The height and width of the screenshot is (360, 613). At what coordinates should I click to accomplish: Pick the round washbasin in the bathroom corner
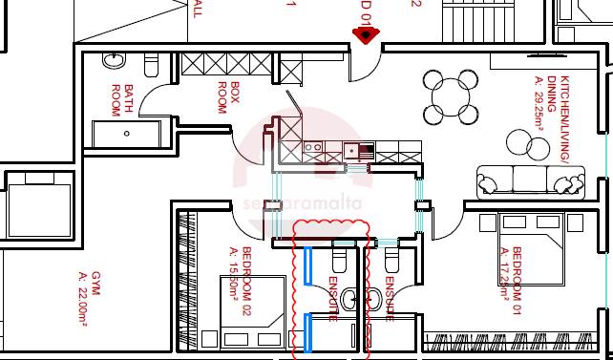click(x=114, y=60)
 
